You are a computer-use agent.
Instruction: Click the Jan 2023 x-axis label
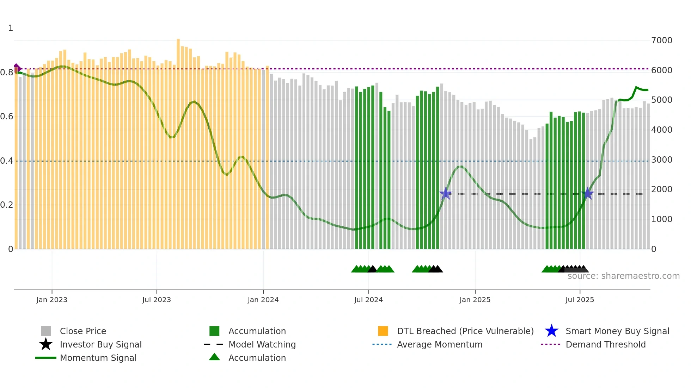coord(51,300)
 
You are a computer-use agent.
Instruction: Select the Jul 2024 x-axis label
coord(368,300)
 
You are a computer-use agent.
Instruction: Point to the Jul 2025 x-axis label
coord(579,300)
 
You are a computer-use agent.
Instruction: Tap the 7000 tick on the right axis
coord(661,40)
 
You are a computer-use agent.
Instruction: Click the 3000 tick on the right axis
coord(661,160)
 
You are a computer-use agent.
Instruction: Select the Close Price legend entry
coord(82,331)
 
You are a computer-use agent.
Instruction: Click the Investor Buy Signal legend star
coord(46,344)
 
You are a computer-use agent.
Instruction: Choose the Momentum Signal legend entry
coord(98,358)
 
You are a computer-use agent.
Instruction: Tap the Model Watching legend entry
coord(262,344)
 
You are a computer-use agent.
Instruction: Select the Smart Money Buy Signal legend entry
coord(617,331)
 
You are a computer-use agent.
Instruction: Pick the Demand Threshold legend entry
coord(605,344)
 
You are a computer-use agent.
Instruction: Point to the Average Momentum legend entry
coord(439,344)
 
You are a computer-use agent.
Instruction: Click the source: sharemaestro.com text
coord(623,276)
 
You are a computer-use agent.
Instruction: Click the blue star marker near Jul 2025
coord(587,193)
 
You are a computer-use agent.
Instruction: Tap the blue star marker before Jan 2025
coord(446,193)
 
